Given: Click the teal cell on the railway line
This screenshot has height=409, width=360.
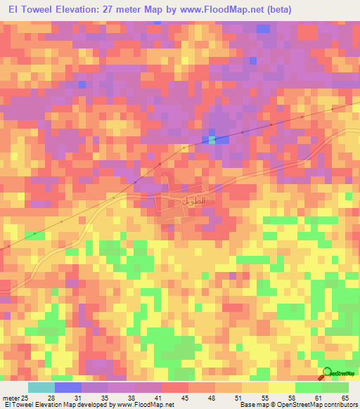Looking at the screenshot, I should point(212,140).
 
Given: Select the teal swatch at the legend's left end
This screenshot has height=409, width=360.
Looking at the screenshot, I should point(41,387).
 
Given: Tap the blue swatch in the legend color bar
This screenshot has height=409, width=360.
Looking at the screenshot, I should point(67,387).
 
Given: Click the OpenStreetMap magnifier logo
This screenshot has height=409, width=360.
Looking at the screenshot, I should point(327,373).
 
